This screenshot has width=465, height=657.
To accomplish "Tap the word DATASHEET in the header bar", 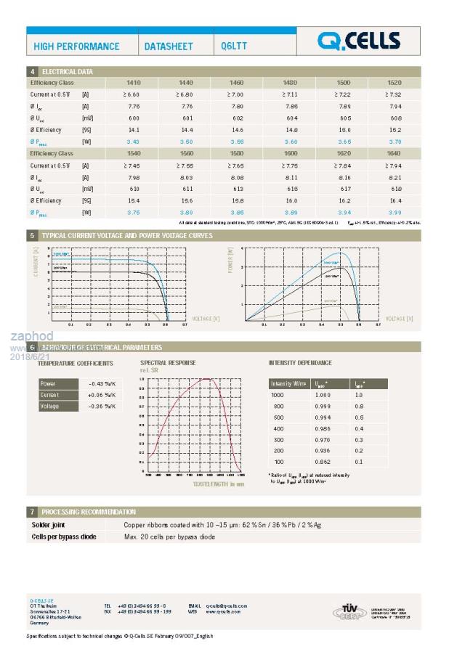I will click(169, 46).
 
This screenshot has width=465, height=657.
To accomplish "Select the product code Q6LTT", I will click(234, 46).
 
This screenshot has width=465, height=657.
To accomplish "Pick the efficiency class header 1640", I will click(395, 153).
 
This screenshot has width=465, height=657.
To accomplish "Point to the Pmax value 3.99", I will click(395, 212).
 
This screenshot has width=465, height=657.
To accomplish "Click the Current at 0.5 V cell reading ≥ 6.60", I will click(131, 95).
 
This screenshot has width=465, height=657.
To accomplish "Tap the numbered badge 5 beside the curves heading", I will click(32, 236).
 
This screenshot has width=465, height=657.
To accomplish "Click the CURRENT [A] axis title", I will click(35, 261).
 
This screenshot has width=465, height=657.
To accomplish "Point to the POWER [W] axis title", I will click(230, 261).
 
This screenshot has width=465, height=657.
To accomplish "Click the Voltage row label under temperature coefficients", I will click(50, 406).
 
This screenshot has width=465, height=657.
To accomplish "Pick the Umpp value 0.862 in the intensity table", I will click(322, 462).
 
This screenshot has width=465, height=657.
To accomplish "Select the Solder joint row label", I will click(49, 524).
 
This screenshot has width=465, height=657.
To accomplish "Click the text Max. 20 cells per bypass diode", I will click(169, 536).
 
